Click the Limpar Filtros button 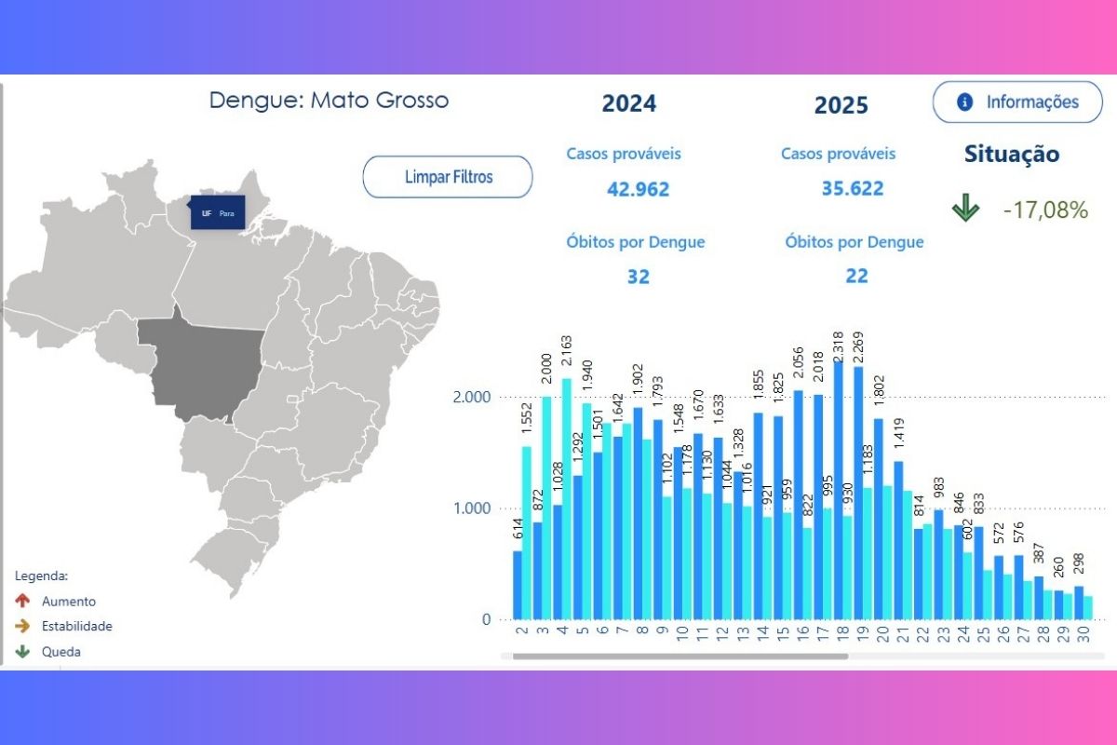(x=448, y=177)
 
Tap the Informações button (x=1018, y=102)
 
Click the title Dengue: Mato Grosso (x=329, y=100)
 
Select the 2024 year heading (x=629, y=102)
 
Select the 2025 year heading (x=841, y=105)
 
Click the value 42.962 (x=638, y=189)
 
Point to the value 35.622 (x=852, y=188)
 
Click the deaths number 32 (x=638, y=277)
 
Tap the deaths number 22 (x=856, y=276)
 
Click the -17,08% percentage (x=1045, y=210)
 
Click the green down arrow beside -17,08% (x=965, y=210)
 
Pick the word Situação (x=1011, y=155)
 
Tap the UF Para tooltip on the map (x=218, y=212)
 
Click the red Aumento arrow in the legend (x=23, y=602)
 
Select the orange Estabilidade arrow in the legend (x=23, y=627)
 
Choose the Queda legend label (x=61, y=652)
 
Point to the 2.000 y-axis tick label (x=471, y=397)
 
